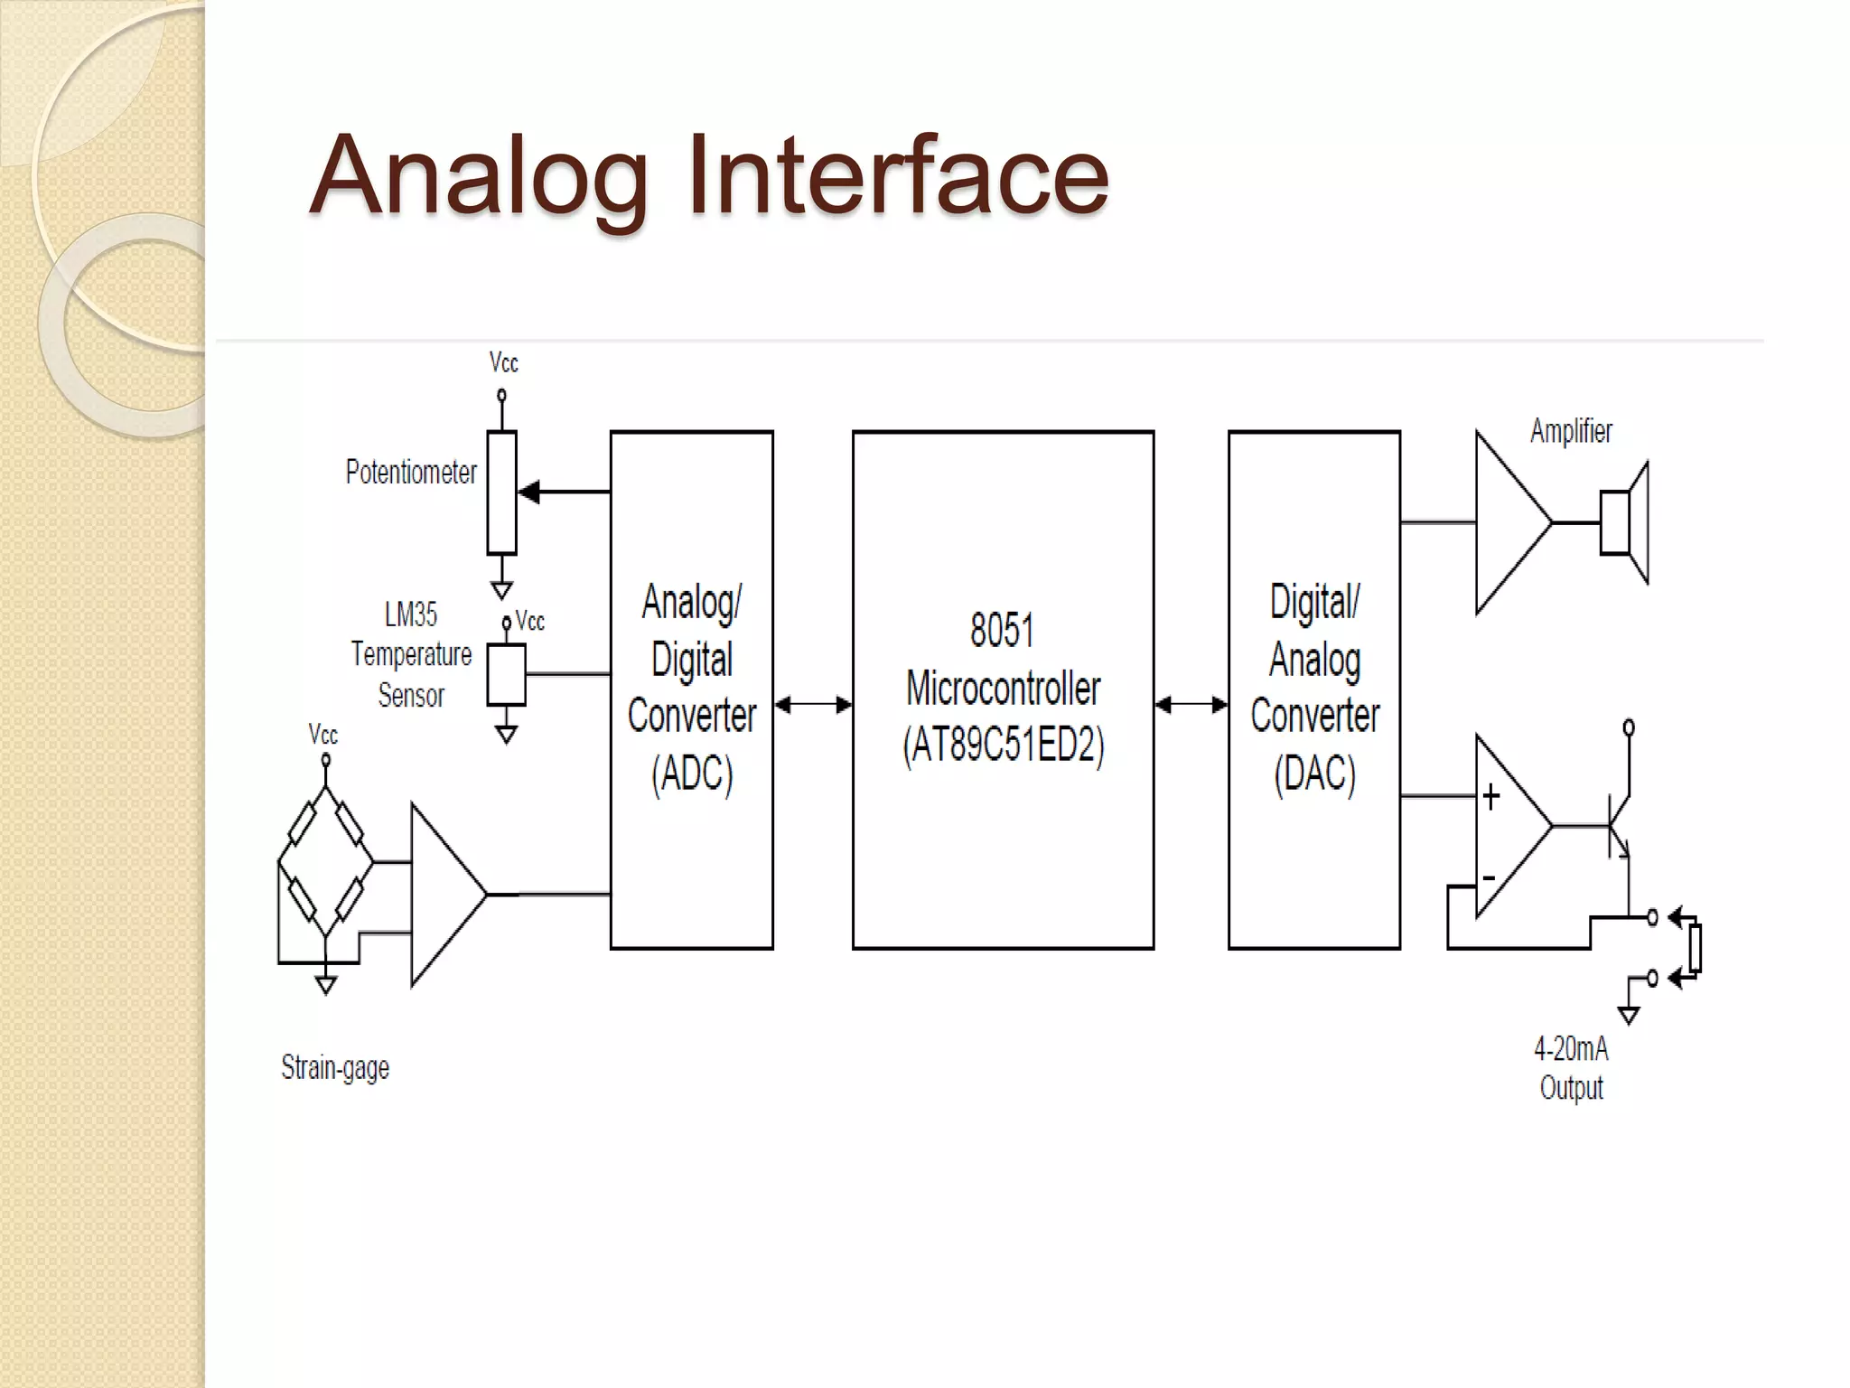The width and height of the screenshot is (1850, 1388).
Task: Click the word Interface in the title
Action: (897, 175)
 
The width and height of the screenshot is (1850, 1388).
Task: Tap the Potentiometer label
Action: (411, 473)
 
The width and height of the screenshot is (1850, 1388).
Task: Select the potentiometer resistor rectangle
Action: (501, 492)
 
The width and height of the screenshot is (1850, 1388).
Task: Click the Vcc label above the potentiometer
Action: (503, 363)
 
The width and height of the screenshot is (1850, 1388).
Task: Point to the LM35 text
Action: (411, 615)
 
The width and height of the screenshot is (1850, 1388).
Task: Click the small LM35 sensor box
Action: (506, 674)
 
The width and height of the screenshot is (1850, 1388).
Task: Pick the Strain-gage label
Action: (335, 1068)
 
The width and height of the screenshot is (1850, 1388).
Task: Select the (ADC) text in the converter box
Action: (692, 774)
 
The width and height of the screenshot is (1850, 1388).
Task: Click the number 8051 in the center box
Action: (1002, 630)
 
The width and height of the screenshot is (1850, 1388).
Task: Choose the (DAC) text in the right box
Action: (1314, 774)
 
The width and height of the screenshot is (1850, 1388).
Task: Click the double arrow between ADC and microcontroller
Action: (813, 704)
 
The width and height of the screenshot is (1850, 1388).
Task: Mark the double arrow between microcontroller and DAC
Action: (1191, 704)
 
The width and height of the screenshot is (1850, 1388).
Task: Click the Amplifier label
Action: (1571, 432)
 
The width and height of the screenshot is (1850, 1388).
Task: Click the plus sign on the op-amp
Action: (1491, 796)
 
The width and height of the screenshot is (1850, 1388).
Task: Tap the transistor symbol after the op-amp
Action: (1618, 825)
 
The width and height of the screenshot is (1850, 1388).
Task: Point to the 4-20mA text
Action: (1571, 1049)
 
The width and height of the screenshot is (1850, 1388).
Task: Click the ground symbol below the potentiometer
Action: (501, 590)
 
